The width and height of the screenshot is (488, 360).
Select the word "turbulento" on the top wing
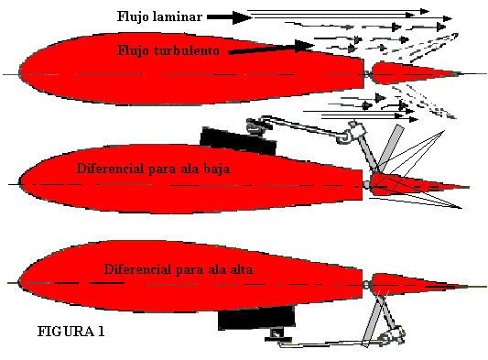pos(189,51)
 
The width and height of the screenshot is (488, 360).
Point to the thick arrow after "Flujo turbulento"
pos(266,49)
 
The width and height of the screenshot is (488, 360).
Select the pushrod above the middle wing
pos(302,128)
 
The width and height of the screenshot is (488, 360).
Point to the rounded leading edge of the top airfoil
pos(23,73)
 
